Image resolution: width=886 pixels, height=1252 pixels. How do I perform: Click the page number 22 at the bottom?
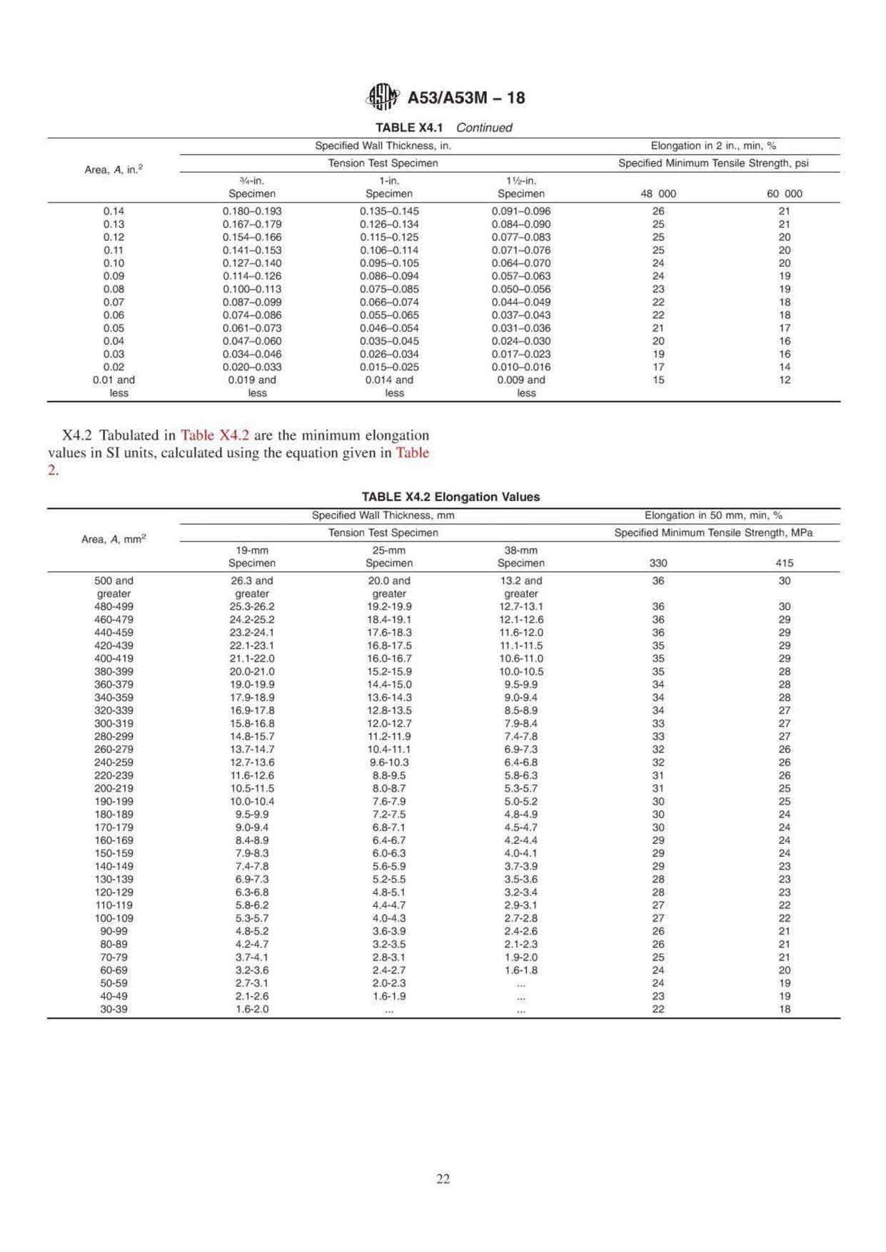[443, 1179]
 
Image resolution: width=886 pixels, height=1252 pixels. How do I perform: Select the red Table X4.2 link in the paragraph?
[215, 435]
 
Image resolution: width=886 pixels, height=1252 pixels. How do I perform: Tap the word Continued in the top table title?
[484, 128]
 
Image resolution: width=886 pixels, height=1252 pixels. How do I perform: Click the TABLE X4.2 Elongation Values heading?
[450, 497]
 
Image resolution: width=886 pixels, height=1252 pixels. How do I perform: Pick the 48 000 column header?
[658, 194]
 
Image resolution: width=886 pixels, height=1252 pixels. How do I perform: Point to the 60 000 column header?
[784, 194]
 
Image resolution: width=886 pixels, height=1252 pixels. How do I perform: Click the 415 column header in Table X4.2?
[784, 564]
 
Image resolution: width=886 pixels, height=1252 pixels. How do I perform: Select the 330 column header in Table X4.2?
[658, 564]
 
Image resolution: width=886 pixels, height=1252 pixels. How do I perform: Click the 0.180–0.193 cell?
[252, 211]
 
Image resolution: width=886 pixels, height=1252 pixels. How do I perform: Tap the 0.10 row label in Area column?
[114, 263]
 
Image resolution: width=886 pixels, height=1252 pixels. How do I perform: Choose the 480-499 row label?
[114, 607]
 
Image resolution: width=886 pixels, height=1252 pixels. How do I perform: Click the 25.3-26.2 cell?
[252, 607]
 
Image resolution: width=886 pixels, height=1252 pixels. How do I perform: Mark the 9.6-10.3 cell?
[389, 763]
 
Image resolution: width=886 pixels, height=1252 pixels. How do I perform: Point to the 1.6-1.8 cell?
[521, 970]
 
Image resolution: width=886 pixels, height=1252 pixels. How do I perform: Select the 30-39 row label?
[114, 1009]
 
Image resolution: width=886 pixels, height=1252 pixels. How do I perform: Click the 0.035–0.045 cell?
[389, 341]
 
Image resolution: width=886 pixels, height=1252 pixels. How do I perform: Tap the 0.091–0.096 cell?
[521, 211]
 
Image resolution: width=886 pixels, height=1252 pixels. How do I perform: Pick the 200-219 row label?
[114, 789]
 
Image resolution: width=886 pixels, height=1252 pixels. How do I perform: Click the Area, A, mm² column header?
[114, 539]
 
